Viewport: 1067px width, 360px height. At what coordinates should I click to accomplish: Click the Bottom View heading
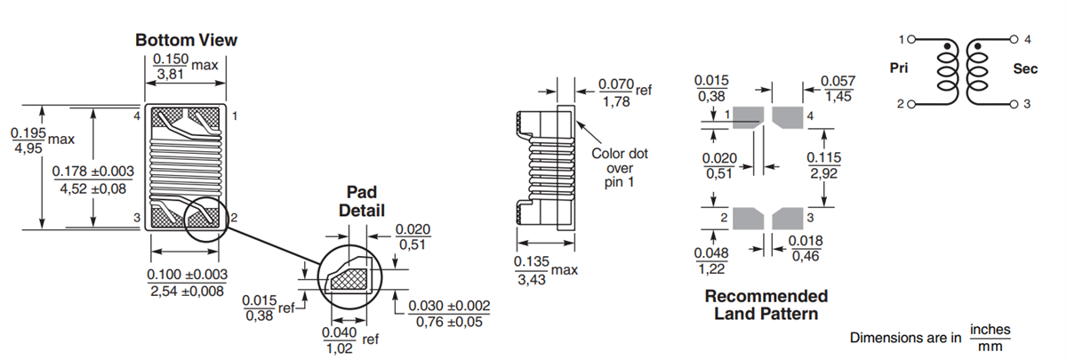coord(186,40)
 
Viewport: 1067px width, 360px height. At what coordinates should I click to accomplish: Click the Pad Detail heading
coord(361,201)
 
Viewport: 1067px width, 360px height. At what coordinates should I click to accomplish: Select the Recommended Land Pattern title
coord(766,304)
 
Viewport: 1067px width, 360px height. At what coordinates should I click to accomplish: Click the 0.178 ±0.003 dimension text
coord(93,179)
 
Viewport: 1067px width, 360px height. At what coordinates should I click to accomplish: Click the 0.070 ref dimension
coord(622,93)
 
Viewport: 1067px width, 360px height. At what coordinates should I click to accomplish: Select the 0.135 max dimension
coord(539,269)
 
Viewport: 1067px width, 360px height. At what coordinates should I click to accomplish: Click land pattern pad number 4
coord(787,116)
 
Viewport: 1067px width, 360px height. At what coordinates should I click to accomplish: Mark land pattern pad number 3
coord(787,218)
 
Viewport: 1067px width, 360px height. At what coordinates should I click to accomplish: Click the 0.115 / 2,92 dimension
coord(824,165)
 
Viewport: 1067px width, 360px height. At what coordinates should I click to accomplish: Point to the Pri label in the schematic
coord(900,68)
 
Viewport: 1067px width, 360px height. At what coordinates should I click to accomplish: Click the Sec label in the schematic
coord(1024,68)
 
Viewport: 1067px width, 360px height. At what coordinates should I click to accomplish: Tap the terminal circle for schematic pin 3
coord(1013,104)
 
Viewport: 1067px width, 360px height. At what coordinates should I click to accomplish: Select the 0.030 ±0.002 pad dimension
coord(449,313)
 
